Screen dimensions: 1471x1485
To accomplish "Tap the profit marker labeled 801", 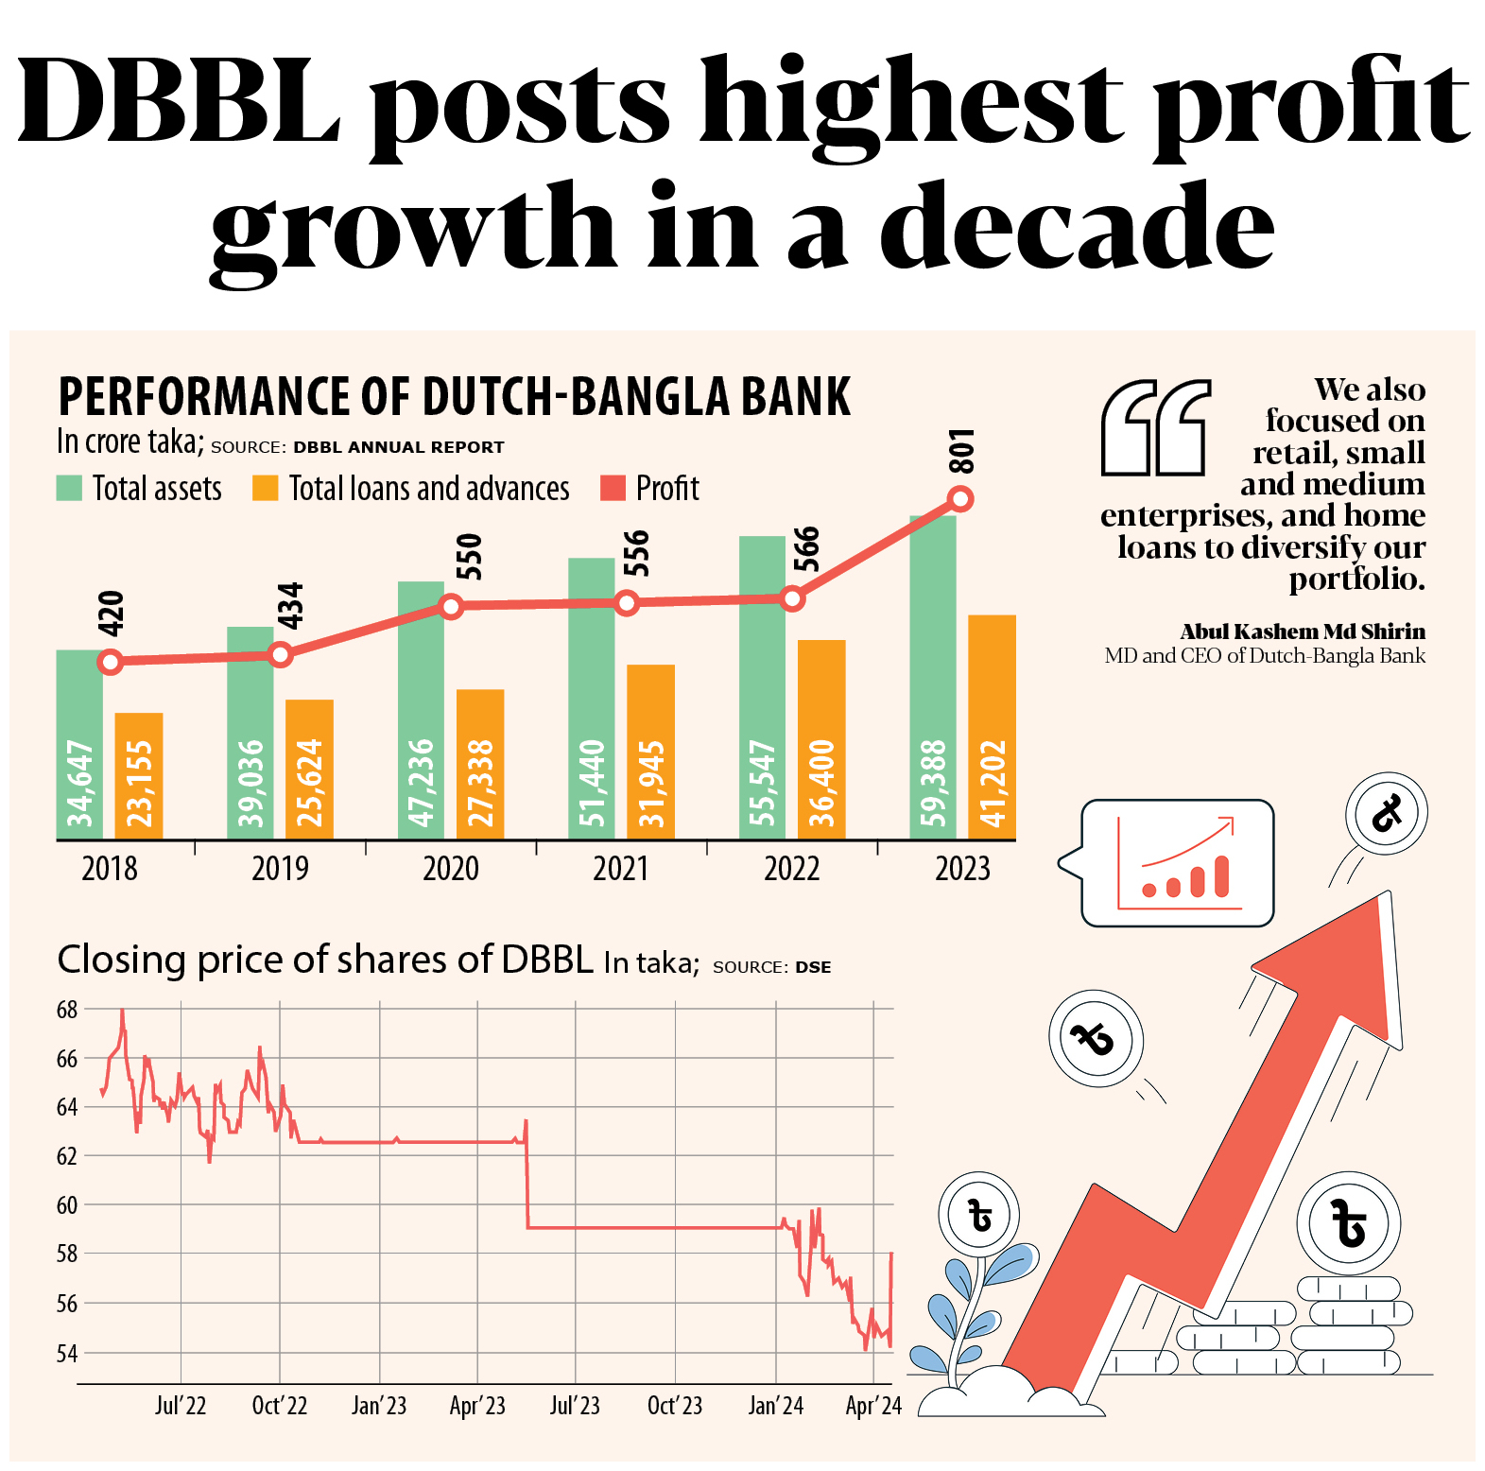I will tap(960, 499).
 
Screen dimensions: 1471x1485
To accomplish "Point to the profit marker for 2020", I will tap(451, 606).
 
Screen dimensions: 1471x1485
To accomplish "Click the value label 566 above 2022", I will tap(806, 550).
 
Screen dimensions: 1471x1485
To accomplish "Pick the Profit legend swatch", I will tap(613, 488).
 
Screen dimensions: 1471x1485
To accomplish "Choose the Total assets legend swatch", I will tap(69, 488).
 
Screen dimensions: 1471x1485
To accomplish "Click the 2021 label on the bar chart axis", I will tap(621, 869).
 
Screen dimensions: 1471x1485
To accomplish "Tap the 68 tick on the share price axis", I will tap(67, 1010).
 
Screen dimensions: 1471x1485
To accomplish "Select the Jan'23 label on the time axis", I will tap(379, 1406).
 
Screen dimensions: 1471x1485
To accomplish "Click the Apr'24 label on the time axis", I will tap(873, 1406).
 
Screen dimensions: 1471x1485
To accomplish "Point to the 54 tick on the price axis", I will tap(67, 1353).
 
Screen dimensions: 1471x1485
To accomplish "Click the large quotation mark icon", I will tap(1155, 427).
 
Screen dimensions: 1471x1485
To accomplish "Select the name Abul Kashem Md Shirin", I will tap(1303, 632).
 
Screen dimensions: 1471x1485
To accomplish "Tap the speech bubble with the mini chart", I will tap(1178, 862).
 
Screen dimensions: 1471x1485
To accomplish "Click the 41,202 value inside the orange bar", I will tap(993, 784).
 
